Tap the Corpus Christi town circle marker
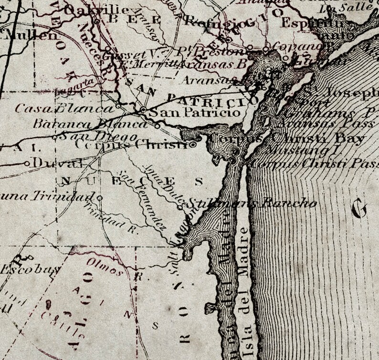[x=193, y=144]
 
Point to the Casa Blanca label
[x=64, y=108]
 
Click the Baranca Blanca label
[x=91, y=124]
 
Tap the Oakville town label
[x=95, y=10]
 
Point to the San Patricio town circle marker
[x=143, y=110]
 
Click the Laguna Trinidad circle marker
[x=99, y=197]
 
